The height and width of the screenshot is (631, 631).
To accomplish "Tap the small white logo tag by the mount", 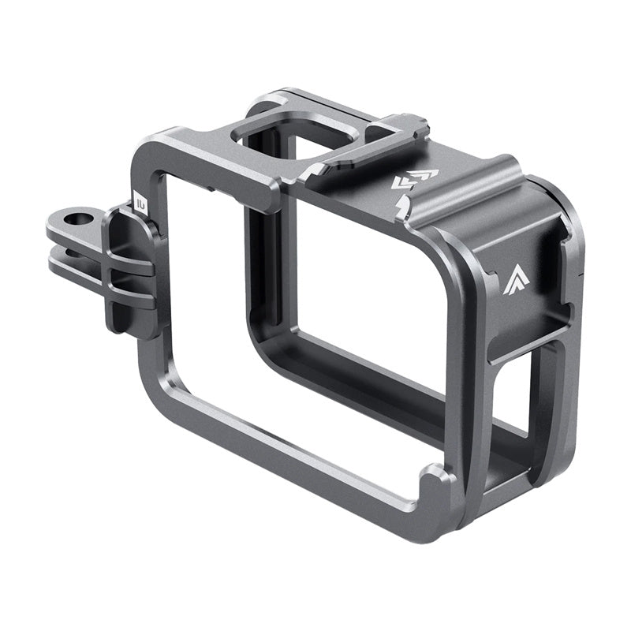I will (140, 202).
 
